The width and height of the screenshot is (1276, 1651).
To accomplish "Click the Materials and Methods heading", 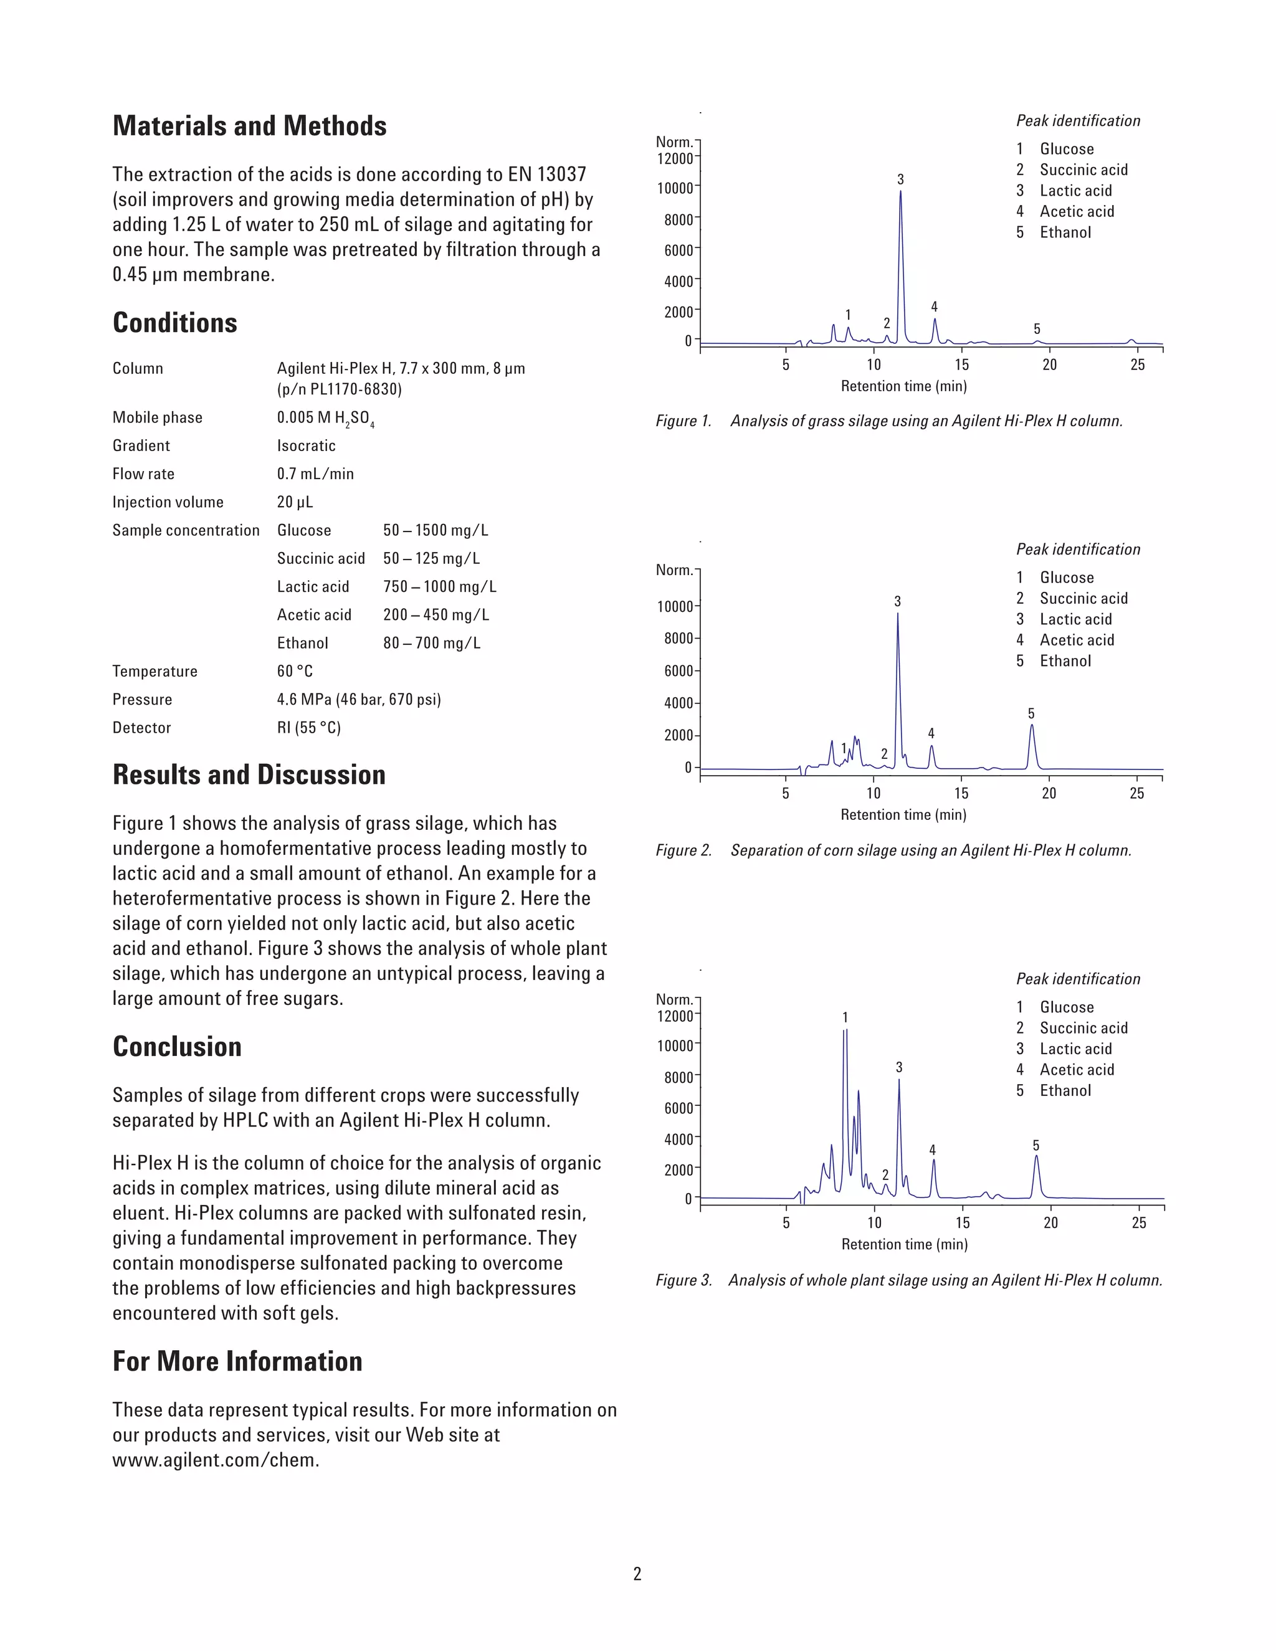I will [x=249, y=126].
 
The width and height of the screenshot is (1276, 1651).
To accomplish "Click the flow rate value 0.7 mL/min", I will [x=315, y=474].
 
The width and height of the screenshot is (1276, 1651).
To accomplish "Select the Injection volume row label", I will [x=168, y=502].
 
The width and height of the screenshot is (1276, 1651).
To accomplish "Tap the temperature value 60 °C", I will [x=295, y=671].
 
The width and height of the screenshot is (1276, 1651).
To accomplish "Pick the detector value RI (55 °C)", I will [x=308, y=727].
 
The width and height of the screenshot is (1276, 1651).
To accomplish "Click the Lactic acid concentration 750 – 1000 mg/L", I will [x=439, y=587].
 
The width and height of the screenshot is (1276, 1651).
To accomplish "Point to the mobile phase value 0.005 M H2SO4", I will [x=325, y=418].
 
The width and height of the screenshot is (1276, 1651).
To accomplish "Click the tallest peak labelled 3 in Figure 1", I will [x=900, y=227].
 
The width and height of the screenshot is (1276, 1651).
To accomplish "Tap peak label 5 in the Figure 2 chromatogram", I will [x=1031, y=713].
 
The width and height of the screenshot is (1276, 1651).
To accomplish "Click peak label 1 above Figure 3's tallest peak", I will [x=845, y=1017].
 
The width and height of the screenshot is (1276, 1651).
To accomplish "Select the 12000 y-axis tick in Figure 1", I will [x=674, y=159].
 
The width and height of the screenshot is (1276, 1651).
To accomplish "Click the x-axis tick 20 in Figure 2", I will [x=1049, y=793].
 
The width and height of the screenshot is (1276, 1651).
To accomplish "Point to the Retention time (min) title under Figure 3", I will [x=904, y=1244].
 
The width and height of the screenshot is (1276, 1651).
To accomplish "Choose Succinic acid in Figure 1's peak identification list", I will [x=1083, y=170].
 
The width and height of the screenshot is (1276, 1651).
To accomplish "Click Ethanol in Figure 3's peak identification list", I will [x=1065, y=1090].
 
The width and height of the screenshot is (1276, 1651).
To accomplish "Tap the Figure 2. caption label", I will [x=683, y=850].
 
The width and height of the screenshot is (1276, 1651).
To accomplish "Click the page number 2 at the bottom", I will [x=637, y=1574].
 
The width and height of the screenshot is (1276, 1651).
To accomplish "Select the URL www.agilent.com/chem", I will [x=216, y=1460].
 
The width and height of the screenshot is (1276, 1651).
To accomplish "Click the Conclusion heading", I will [x=177, y=1047].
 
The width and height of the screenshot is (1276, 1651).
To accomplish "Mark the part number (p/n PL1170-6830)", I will [x=340, y=389].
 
